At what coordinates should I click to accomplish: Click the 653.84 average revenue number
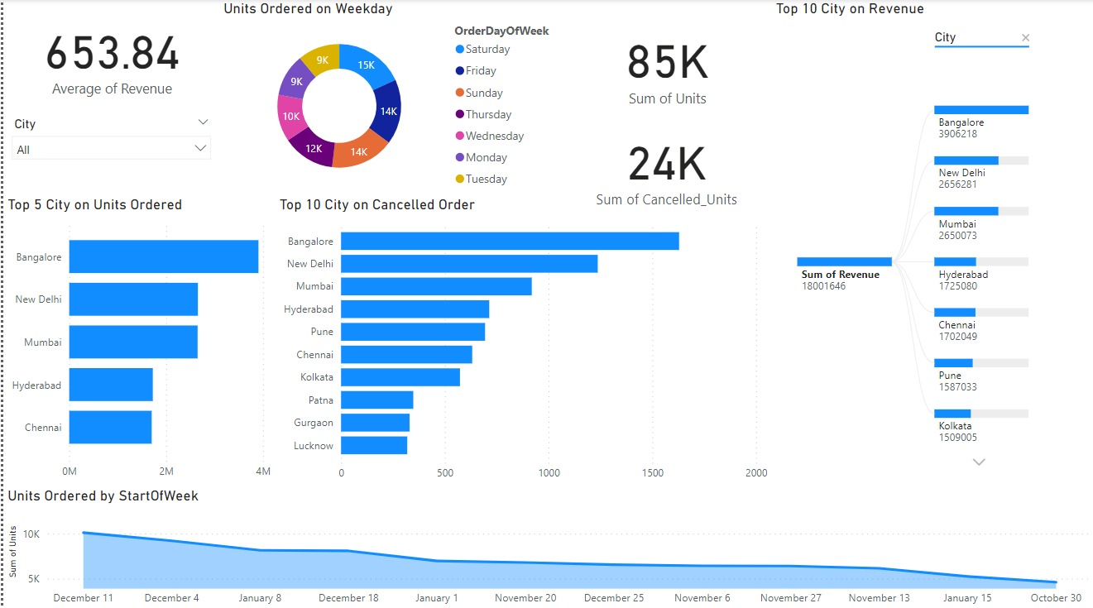click(x=112, y=55)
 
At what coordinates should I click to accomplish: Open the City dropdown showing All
click(x=112, y=149)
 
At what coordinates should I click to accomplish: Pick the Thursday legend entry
click(x=487, y=114)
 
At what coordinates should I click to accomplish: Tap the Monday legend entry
click(x=485, y=157)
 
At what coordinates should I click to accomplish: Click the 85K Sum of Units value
click(x=667, y=63)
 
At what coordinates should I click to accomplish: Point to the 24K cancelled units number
click(x=667, y=164)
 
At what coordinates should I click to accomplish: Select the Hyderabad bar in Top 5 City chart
click(x=111, y=385)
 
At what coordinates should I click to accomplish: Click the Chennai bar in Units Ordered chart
click(x=110, y=428)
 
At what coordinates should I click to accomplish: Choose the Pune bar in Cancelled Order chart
click(x=413, y=332)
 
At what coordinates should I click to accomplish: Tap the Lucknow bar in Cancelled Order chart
click(x=374, y=445)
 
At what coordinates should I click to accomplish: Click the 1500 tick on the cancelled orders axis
click(x=652, y=473)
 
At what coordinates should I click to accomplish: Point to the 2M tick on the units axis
click(x=165, y=472)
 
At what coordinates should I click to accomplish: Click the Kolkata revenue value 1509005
click(x=957, y=438)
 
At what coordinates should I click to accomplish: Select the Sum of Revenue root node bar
click(x=844, y=261)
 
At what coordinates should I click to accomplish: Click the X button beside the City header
click(x=1025, y=37)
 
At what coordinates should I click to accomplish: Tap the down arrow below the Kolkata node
click(x=980, y=462)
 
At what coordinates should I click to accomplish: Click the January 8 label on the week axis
click(x=260, y=598)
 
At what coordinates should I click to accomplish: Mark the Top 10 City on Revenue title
click(x=850, y=9)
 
